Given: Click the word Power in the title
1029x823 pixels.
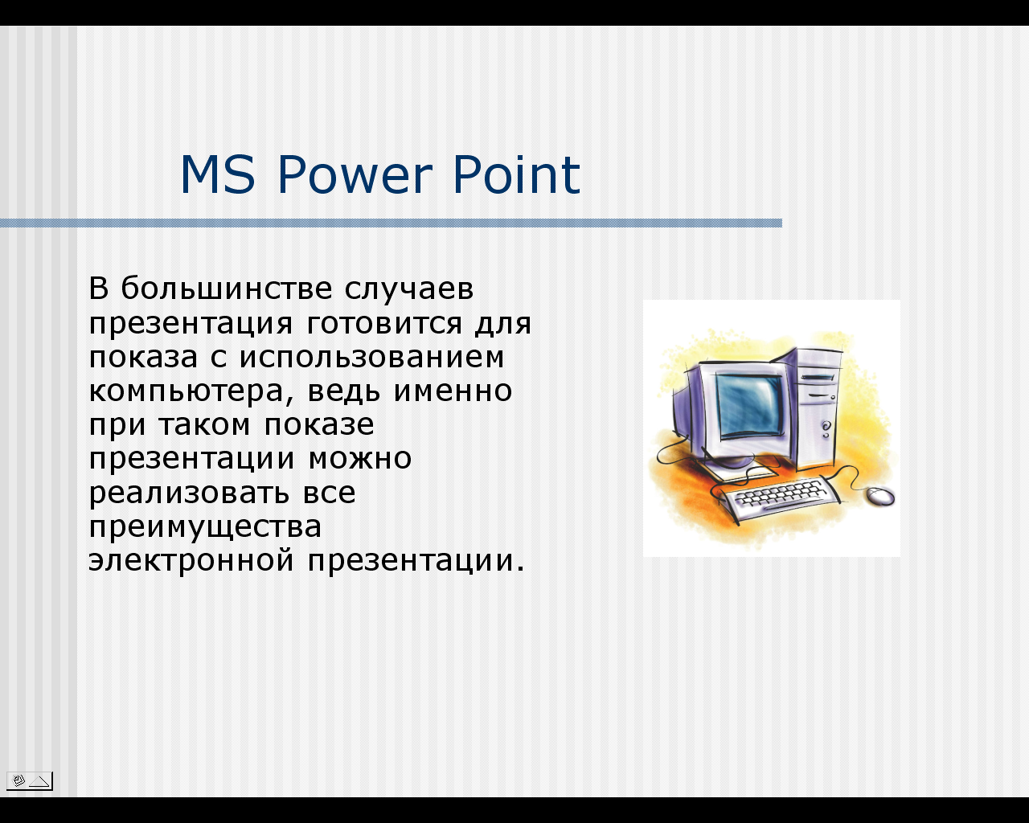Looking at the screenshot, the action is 355,175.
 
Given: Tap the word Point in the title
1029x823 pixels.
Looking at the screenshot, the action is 516,174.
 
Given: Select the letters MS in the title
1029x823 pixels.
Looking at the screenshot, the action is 218,175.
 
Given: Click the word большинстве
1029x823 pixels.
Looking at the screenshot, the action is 226,289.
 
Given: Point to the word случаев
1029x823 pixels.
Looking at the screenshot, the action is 409,290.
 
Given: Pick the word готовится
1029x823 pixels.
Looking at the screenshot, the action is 384,324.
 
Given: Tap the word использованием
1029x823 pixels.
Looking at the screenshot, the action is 371,358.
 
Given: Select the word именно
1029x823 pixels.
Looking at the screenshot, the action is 453,391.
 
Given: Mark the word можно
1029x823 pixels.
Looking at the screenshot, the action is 360,459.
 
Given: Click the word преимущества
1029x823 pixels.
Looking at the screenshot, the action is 206,528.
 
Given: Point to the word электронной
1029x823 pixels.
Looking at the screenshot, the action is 191,561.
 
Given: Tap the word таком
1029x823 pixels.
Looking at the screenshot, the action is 204,425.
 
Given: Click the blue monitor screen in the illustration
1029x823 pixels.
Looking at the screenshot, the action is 750,406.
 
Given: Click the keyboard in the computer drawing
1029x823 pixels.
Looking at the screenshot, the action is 776,499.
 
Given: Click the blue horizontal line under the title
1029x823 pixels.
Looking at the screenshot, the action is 391,223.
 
